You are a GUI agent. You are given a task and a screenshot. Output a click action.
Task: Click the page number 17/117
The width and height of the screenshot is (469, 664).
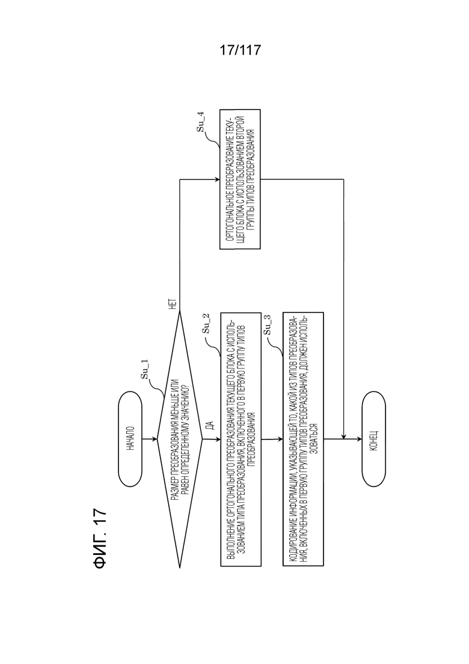(x=240, y=51)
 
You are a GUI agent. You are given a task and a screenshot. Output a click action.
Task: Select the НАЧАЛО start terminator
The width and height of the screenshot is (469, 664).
(x=130, y=439)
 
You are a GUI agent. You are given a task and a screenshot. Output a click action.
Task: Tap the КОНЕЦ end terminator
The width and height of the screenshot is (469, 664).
(x=374, y=439)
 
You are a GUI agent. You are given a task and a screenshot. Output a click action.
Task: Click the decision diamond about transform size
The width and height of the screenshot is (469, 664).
(x=180, y=439)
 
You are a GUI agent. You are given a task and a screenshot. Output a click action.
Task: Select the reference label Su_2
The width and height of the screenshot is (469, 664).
(x=206, y=324)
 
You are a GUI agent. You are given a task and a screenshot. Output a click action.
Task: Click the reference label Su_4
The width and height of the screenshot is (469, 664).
(x=200, y=122)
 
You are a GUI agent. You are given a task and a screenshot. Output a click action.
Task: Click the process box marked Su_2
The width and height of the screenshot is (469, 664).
(x=241, y=439)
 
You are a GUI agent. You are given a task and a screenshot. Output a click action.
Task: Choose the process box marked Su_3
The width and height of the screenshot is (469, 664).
(x=303, y=439)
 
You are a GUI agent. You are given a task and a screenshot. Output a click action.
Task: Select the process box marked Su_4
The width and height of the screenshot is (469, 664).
(x=240, y=179)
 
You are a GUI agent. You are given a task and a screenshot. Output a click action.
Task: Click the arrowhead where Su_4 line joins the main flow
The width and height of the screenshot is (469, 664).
(x=343, y=436)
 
